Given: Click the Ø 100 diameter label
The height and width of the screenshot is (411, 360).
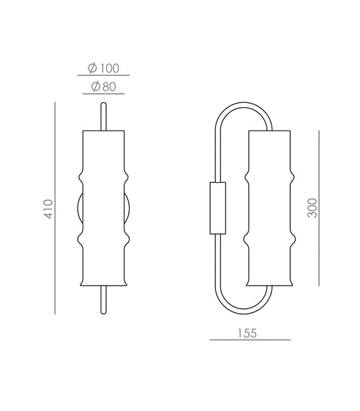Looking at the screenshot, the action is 103,68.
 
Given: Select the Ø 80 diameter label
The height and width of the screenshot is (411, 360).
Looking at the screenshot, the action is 103,86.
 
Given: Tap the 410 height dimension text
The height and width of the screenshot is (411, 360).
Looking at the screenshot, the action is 48,209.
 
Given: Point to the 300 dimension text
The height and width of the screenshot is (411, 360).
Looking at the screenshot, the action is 312,208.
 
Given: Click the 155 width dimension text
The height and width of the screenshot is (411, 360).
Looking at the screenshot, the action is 247,333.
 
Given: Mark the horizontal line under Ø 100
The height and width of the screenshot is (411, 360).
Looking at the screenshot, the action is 103,76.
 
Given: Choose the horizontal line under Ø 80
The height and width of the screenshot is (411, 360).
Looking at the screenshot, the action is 103,94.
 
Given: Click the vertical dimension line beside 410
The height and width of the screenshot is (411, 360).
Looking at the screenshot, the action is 55,208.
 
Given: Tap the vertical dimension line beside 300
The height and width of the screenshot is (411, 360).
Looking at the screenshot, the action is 319,208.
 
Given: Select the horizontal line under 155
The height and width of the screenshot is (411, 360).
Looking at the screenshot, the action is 250,340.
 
